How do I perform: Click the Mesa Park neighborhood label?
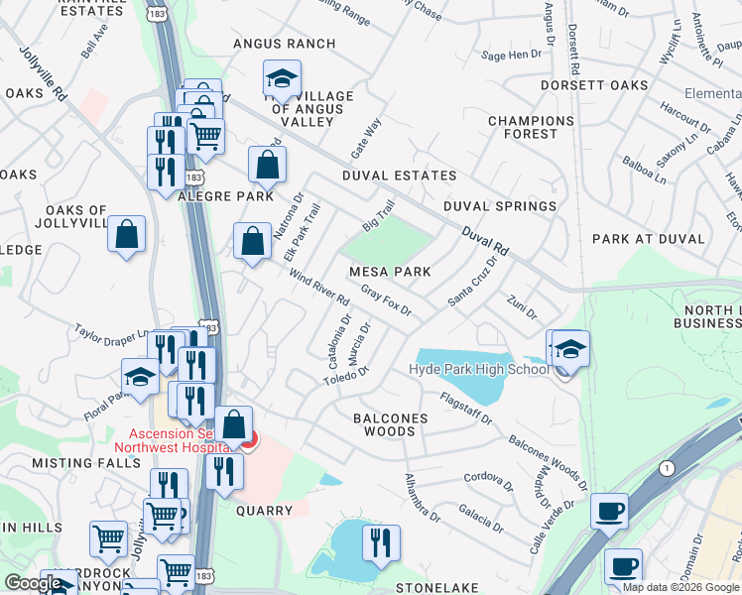click(x=389, y=271)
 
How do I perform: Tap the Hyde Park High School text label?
click(x=479, y=370)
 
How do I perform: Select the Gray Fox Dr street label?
click(x=387, y=299)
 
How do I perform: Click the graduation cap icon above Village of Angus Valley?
click(x=282, y=77)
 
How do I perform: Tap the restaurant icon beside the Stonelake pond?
click(x=381, y=542)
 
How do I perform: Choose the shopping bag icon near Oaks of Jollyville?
click(x=127, y=235)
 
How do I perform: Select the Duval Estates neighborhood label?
click(x=399, y=176)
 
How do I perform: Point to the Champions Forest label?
click(x=531, y=127)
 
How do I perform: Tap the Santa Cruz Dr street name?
click(x=471, y=282)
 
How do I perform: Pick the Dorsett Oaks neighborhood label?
click(x=593, y=85)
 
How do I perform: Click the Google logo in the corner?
click(x=33, y=583)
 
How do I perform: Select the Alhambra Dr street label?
click(x=422, y=497)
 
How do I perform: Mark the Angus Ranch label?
click(x=284, y=45)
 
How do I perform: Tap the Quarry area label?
click(x=265, y=511)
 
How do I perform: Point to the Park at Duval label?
click(x=648, y=239)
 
